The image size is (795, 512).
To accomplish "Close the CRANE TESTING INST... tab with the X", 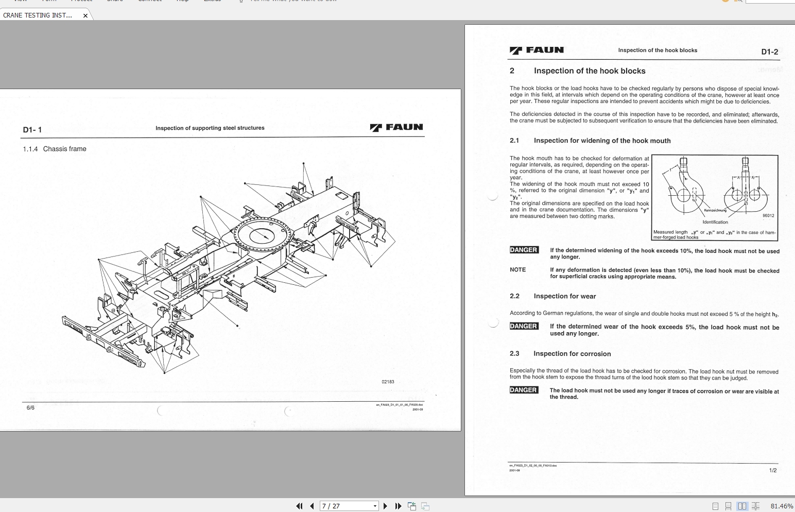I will pos(85,15).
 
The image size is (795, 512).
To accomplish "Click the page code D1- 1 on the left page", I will pos(32,130).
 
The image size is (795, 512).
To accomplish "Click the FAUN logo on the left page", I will pos(396,127).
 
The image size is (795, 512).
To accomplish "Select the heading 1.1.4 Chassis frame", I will pos(55,149).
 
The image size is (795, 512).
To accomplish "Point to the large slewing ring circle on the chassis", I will pos(264,235).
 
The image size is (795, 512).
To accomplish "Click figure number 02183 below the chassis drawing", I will pos(388,382).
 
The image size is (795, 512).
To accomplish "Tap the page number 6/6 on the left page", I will pos(30,408).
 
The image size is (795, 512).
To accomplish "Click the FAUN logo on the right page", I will pos(537,50).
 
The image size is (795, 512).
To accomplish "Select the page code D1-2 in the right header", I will pos(769,52).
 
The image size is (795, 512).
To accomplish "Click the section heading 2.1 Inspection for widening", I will pos(590,141).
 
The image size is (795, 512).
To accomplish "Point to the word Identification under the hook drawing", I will pos(715,222).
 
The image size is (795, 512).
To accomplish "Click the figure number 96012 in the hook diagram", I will pos(768,215).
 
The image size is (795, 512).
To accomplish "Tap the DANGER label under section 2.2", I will pos(524,326).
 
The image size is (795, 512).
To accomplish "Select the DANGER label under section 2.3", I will pos(524,390).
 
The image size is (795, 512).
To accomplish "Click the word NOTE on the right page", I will pos(517,269).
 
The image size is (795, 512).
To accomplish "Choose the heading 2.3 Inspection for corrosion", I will pos(560,354).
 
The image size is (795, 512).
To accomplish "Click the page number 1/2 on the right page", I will pos(772,470).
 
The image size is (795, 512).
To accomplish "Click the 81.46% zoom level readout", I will pos(782,506).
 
